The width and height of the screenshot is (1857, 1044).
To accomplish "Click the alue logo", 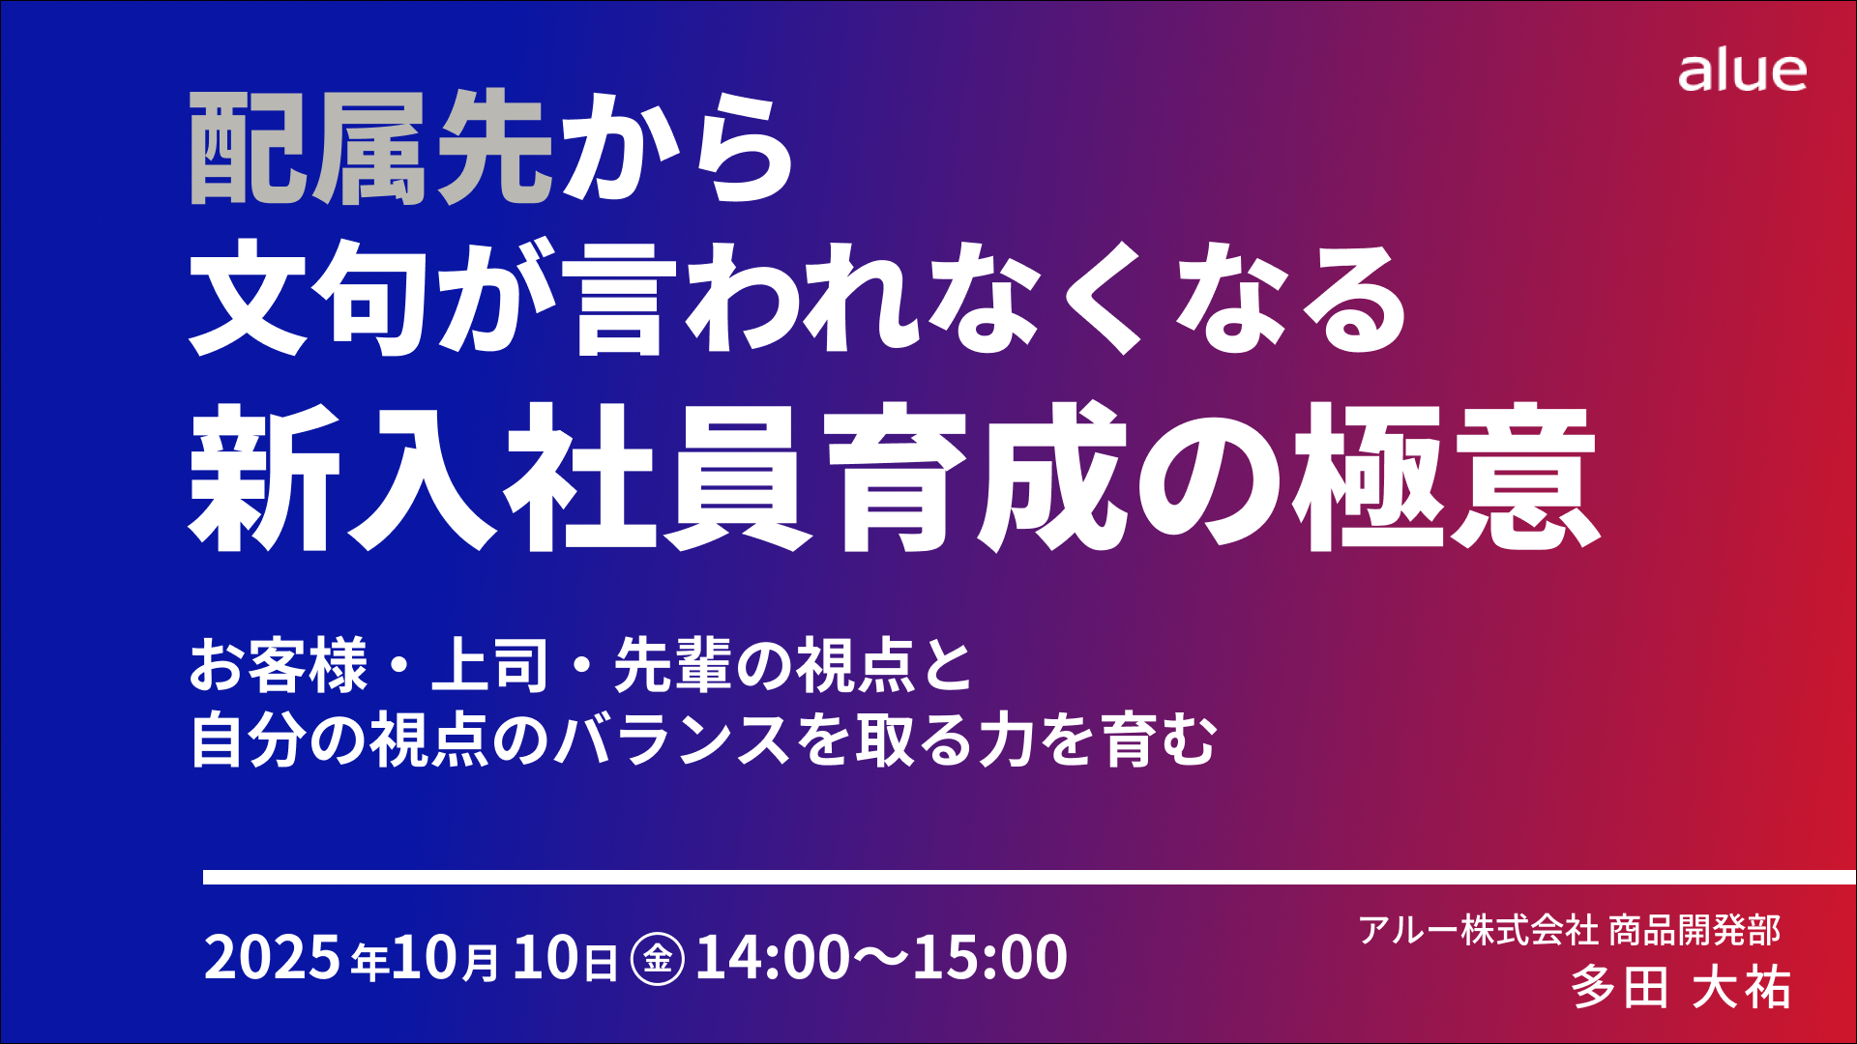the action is click(1742, 72).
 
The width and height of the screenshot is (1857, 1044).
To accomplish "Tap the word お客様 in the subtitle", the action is click(279, 666).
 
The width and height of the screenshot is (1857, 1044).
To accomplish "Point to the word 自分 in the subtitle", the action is click(250, 740).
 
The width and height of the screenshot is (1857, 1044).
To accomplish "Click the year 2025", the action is click(272, 957).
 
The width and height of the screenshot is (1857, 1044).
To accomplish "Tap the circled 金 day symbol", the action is click(658, 958).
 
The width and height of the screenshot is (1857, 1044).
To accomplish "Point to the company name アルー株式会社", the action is click(1478, 930).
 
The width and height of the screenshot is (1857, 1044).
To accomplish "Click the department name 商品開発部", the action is click(1694, 930).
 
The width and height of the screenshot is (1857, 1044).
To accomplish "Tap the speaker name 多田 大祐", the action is click(1681, 987).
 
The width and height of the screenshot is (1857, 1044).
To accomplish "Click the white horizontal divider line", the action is click(1029, 877).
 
